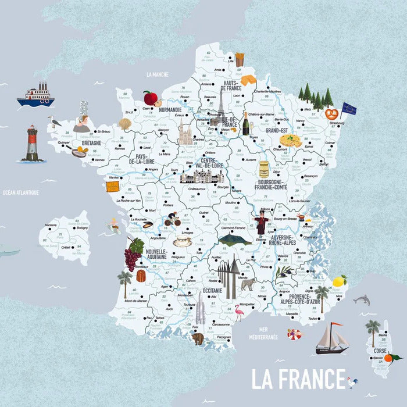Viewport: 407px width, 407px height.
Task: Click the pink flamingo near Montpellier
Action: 238,315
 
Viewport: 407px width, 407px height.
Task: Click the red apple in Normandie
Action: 151,98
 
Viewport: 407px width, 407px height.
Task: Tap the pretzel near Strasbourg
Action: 331,114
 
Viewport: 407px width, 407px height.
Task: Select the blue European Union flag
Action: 348,109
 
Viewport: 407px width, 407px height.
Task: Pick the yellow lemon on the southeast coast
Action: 339,281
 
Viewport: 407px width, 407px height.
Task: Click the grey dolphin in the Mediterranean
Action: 362,300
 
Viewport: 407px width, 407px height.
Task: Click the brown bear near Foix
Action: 198,338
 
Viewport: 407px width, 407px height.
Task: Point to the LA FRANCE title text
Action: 298,379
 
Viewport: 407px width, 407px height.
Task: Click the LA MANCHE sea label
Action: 157,74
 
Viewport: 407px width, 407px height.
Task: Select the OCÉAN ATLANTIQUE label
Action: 20,192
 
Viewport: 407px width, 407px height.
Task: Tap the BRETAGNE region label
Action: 91,142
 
